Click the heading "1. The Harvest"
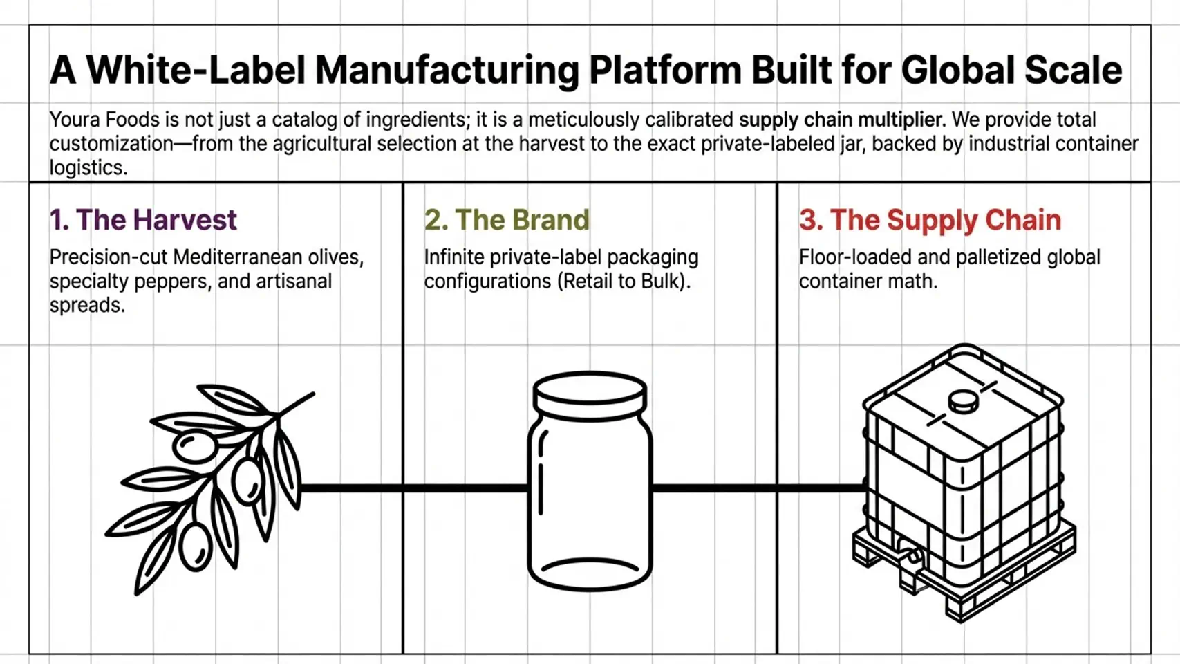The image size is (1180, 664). pos(143,220)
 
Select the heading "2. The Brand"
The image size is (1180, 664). pos(507,220)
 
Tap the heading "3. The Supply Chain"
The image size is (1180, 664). pos(930,220)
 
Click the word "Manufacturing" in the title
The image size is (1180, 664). pos(447,70)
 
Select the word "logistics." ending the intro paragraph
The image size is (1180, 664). pos(88,168)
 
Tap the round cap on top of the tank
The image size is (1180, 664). pos(964,403)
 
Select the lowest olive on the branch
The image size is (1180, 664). pos(195,546)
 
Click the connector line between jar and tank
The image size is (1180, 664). pos(758,488)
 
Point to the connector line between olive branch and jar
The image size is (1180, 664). pos(414,488)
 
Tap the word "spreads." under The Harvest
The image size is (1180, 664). pos(88,306)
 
